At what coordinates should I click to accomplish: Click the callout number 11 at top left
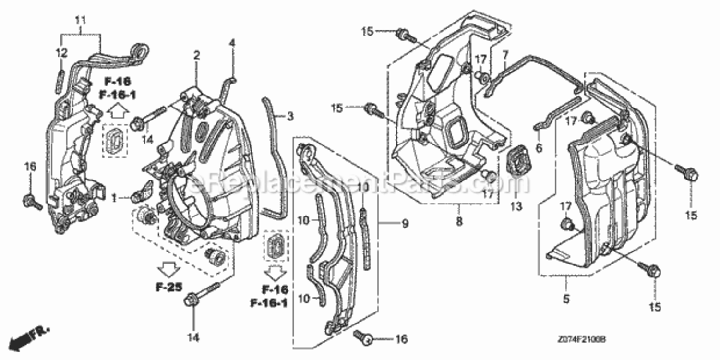tap(80, 20)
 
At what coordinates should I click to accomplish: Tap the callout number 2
tap(196, 55)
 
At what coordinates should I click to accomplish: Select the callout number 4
tap(232, 43)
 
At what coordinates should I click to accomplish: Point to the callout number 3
tap(290, 116)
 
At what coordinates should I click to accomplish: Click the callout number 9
tap(405, 224)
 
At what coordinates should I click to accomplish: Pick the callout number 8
tap(459, 222)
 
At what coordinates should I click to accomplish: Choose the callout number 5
tap(566, 299)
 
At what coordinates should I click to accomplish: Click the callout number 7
tap(505, 56)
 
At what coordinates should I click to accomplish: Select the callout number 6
tap(539, 148)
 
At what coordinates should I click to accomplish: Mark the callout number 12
tap(61, 53)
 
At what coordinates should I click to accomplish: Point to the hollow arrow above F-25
tap(168, 270)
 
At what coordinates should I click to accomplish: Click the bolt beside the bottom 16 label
tap(364, 337)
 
